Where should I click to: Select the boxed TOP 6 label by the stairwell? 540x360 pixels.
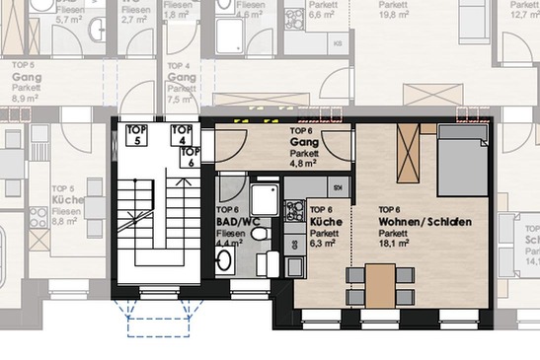[x=192, y=158]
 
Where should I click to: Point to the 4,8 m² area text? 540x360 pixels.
[x=302, y=164]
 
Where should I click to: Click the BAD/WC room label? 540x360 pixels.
[x=236, y=222]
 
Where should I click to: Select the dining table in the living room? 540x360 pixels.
[x=380, y=286]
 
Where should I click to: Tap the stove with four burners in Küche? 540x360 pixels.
[x=294, y=209]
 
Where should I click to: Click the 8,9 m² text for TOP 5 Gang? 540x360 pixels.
[x=22, y=99]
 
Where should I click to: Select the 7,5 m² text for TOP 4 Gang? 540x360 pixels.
[x=179, y=99]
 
